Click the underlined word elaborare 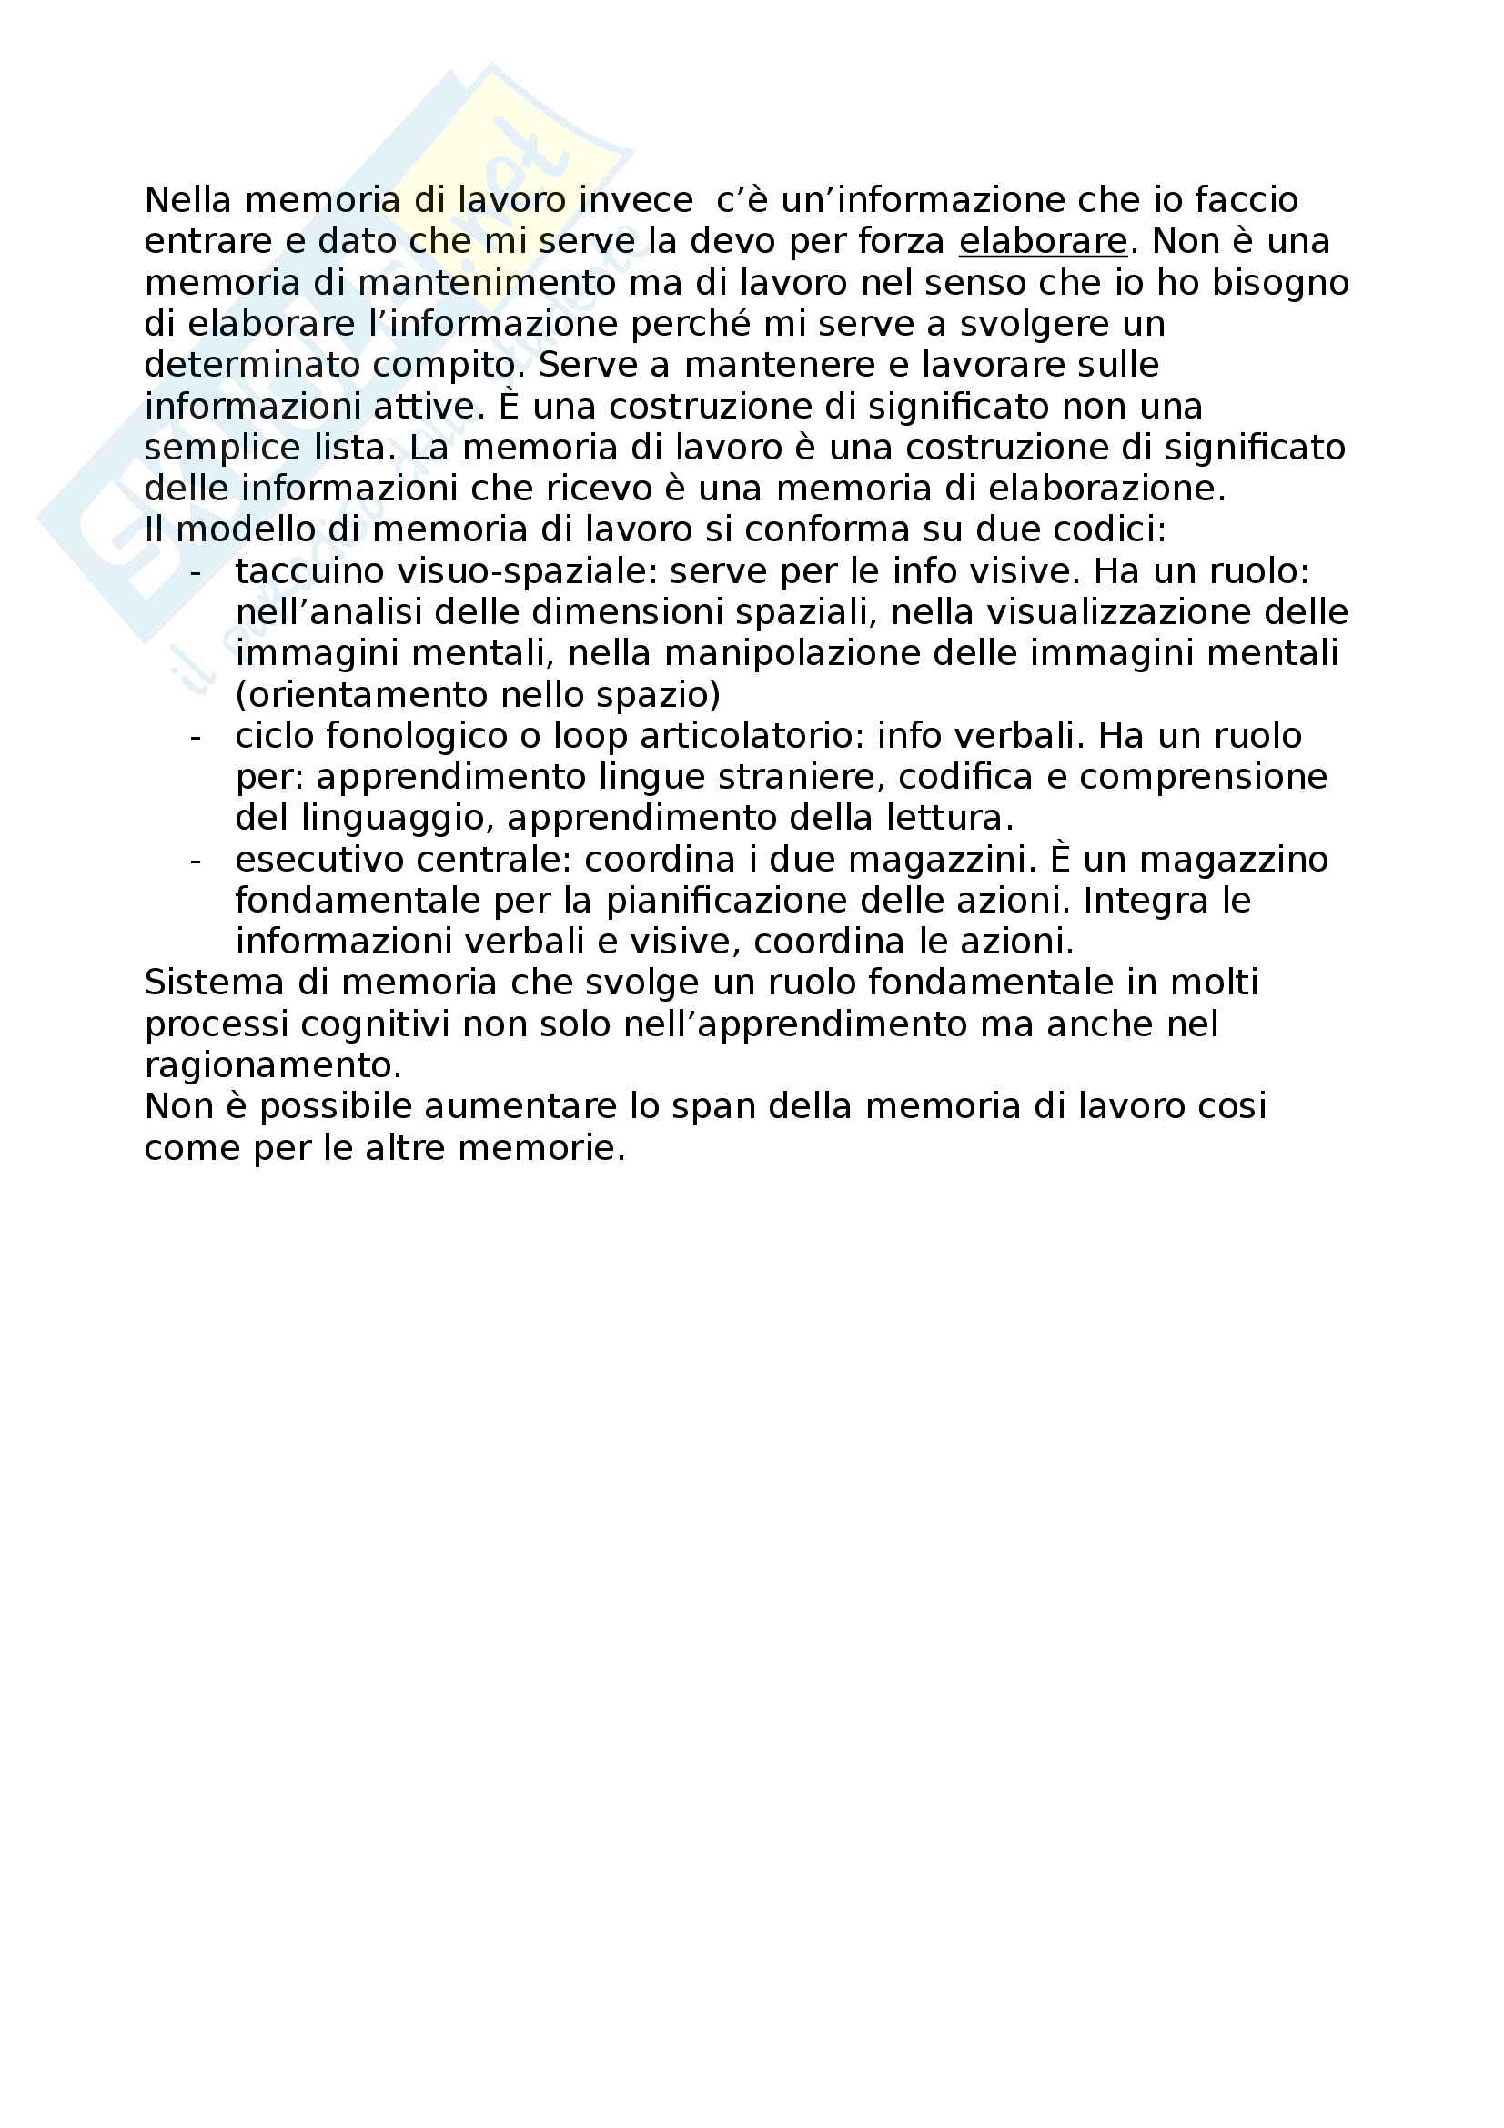[x=1043, y=241]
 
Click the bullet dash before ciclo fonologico [x=195, y=737]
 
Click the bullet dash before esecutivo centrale [x=195, y=861]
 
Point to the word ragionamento [x=272, y=1066]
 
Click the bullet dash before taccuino [x=195, y=572]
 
